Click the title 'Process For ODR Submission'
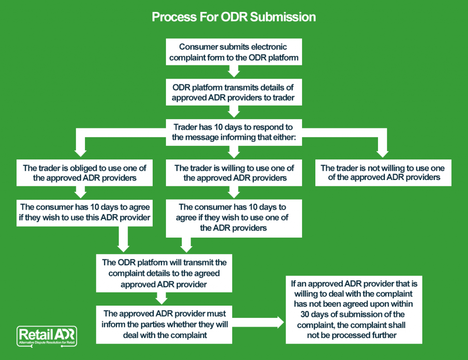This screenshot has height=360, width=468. coord(234,17)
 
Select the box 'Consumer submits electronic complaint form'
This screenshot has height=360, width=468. coord(234,52)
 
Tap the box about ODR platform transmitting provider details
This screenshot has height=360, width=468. coord(234,91)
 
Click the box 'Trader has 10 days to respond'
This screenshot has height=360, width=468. coord(234,132)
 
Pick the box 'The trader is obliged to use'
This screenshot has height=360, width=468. coord(85,173)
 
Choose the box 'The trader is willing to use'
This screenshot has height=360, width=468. coord(234,173)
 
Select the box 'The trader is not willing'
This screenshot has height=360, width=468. coord(383,173)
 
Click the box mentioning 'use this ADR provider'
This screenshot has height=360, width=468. coord(85,212)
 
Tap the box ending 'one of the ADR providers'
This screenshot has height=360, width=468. coord(234,217)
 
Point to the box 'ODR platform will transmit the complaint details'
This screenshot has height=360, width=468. coord(164,273)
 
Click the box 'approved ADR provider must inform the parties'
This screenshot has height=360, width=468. coord(164,324)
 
